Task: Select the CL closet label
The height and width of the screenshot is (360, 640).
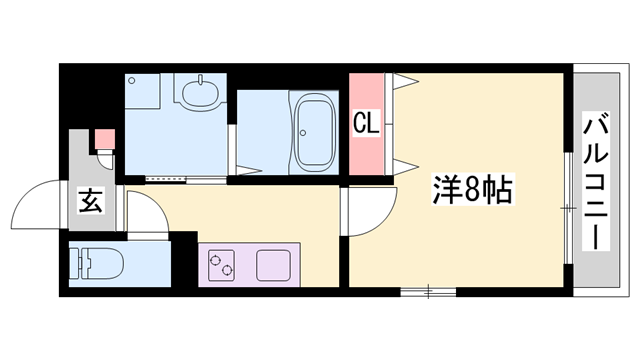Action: click(x=365, y=125)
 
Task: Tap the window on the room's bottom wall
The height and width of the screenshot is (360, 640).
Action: click(x=428, y=292)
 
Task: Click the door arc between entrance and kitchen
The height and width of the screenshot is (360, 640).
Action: click(x=142, y=212)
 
